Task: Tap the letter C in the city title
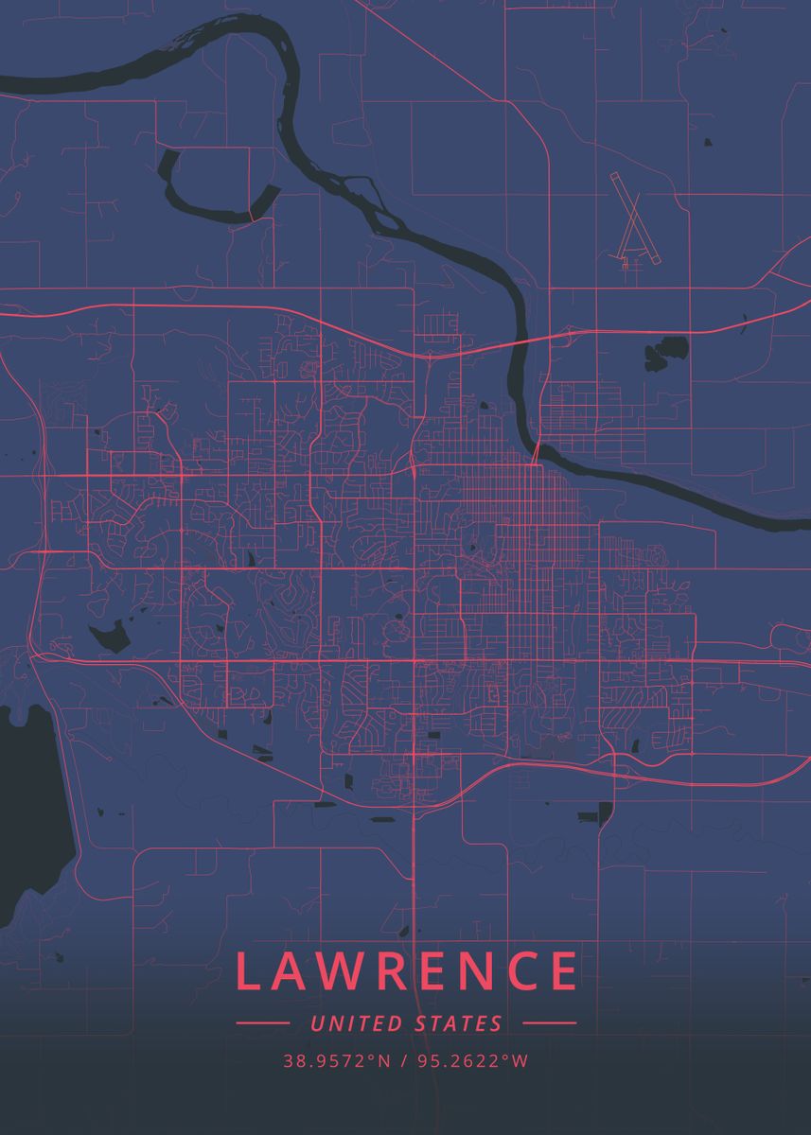coord(516,970)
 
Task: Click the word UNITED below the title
coord(356,1023)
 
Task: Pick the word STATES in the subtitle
coord(459,1023)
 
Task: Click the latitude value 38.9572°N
coord(336,1061)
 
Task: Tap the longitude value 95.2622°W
coord(473,1061)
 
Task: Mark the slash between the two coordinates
coord(404,1061)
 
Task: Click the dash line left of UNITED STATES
coord(262,1023)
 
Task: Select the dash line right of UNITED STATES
coord(549,1023)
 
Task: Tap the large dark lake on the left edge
coord(24,804)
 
